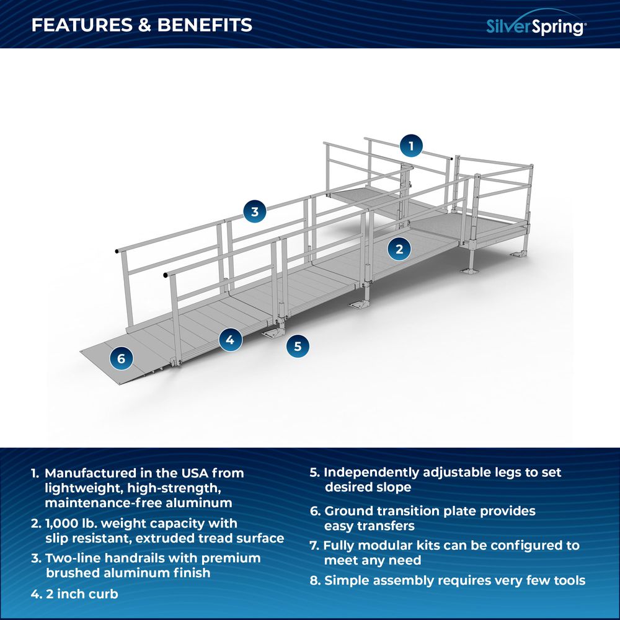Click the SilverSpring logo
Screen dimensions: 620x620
pos(535,25)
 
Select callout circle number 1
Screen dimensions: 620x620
pos(410,146)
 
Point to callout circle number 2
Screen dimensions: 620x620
pos(399,249)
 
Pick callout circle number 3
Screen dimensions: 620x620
pos(254,211)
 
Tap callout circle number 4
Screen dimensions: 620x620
pos(230,339)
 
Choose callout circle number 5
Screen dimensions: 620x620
pos(298,346)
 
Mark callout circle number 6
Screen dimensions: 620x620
pos(121,358)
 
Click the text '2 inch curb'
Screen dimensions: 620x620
pos(82,593)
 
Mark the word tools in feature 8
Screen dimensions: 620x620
pos(567,580)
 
